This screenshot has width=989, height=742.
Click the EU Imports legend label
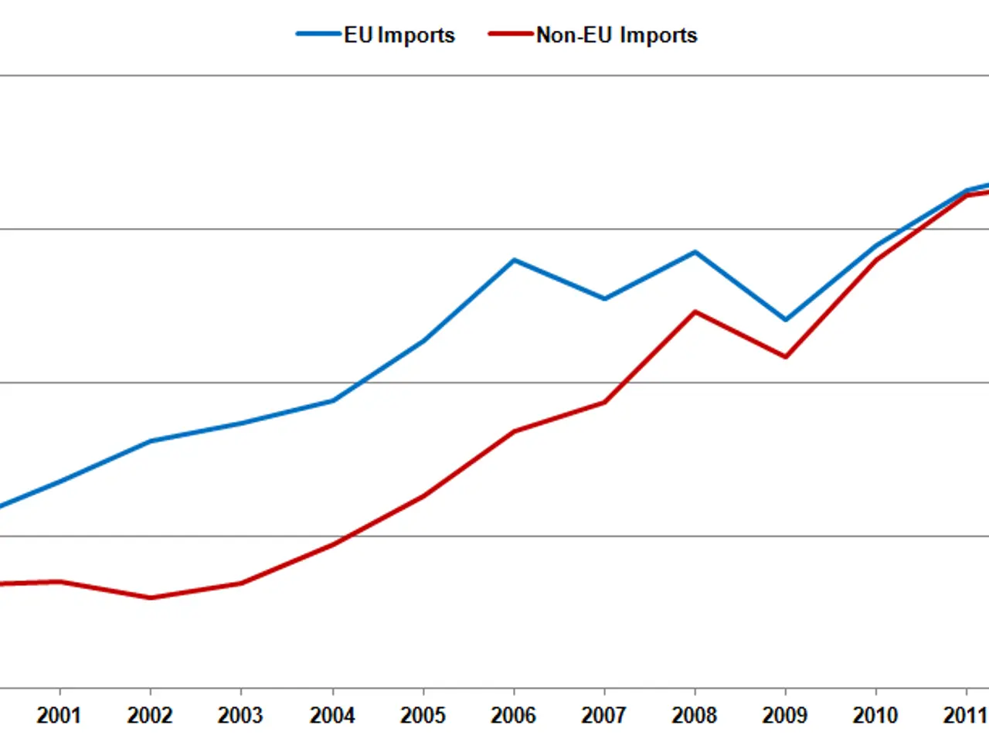pos(399,36)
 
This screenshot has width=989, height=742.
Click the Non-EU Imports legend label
pos(617,36)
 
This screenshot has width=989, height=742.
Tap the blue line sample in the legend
pos(319,34)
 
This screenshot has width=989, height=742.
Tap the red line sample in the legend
pos(511,34)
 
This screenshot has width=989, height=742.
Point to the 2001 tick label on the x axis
pos(59,715)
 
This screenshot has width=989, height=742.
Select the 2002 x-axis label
pos(150,715)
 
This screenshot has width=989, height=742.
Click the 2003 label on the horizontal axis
pos(240,715)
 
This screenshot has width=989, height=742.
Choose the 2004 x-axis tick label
pos(332,715)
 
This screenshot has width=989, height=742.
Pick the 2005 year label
pos(423,715)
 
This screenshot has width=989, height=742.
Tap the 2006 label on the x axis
pos(513,715)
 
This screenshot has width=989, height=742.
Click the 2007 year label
pos(603,715)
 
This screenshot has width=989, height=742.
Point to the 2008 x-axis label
pos(695,715)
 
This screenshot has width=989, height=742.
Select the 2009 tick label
pos(785,715)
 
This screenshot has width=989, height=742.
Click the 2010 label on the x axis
pos(875,715)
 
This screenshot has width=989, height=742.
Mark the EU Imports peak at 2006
pos(515,260)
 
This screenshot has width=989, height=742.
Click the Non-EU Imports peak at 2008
pos(695,311)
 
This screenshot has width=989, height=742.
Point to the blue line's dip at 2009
pos(786,319)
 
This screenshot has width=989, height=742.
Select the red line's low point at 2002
pos(151,597)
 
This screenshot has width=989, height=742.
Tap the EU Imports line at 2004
pos(333,400)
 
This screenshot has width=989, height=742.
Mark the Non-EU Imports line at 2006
pos(515,431)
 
